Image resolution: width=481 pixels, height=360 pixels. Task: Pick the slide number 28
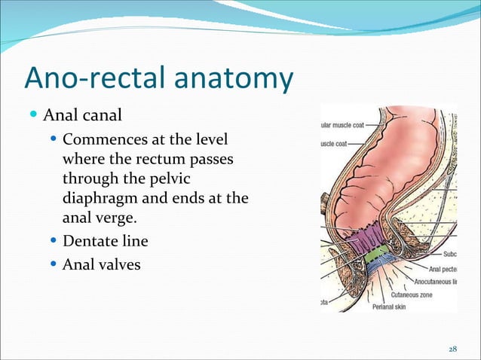coord(452,349)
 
